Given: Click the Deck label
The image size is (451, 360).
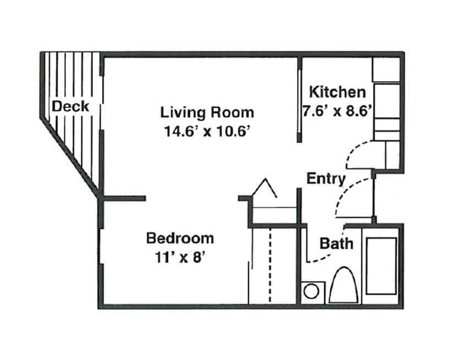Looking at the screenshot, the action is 70,106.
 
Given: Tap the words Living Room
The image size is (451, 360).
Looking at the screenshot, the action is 207,113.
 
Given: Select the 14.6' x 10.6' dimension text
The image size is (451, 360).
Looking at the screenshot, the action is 206,132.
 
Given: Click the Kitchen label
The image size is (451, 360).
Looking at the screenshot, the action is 337,92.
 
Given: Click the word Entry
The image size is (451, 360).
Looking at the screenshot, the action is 326,179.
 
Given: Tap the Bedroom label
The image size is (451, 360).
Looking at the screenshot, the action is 180,238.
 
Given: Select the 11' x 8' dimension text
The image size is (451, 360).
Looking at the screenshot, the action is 180,257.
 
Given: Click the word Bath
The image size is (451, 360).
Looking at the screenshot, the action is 336,243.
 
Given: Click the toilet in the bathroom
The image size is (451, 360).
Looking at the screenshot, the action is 343,285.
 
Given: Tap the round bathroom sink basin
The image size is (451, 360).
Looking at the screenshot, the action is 312,292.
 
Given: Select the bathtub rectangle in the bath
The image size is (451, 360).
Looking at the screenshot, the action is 381,266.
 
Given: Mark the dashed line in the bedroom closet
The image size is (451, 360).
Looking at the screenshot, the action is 270,265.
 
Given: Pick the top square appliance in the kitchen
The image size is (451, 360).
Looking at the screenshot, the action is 386,70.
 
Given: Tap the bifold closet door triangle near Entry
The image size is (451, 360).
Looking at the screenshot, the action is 264,188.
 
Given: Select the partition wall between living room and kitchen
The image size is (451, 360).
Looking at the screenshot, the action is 299,100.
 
